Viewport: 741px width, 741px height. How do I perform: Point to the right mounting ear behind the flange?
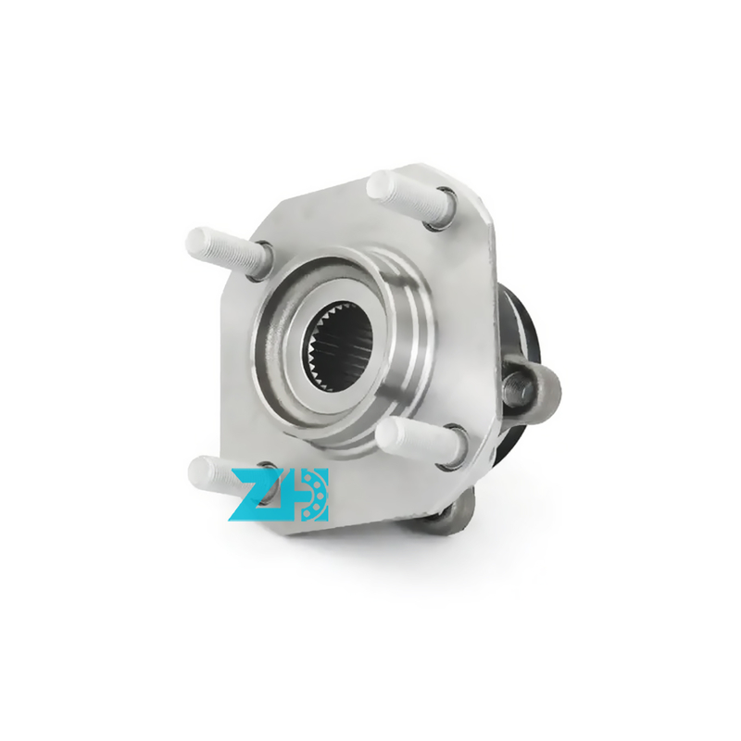click(532, 388)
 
